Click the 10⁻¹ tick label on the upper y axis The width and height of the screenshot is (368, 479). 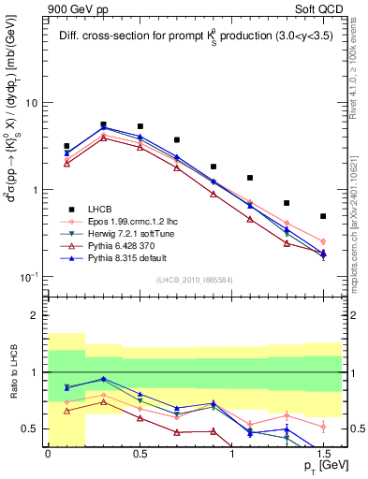coord(32,277)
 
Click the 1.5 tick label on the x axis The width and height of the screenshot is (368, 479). coord(323,453)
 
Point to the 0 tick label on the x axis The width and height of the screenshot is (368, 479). coord(48,453)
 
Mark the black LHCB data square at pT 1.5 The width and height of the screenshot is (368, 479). coord(323,216)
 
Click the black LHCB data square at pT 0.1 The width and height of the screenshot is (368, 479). coord(66,146)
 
